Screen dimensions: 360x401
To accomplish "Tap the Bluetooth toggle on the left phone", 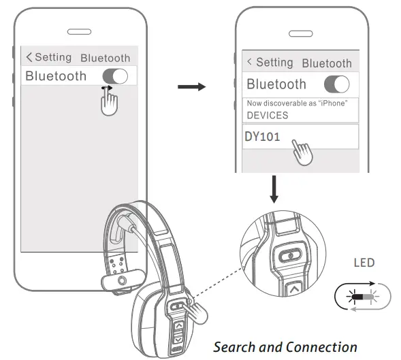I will (114, 76).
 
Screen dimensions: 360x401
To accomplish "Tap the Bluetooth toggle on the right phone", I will (336, 84).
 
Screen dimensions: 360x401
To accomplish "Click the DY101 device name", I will (262, 135).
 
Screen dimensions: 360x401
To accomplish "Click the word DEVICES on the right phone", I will (267, 115).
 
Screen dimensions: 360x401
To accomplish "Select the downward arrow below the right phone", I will (274, 190).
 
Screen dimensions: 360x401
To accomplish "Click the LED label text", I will (364, 263).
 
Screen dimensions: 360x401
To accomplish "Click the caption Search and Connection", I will (285, 346).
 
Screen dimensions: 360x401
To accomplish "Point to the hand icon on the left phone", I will (108, 101).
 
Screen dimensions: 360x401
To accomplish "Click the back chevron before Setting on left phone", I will (29, 57).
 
